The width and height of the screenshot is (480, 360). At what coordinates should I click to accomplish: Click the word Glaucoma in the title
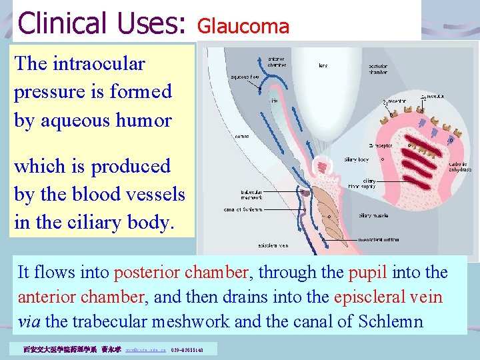[x=243, y=27]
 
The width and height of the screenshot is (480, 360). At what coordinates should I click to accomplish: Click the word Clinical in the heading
[x=59, y=23]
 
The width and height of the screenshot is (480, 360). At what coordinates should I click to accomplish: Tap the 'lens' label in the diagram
[x=323, y=65]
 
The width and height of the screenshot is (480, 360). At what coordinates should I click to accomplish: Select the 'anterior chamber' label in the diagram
[x=277, y=62]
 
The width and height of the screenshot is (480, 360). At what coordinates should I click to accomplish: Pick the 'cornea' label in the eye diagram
[x=242, y=136]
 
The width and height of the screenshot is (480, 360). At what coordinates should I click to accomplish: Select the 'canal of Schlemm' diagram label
[x=243, y=209]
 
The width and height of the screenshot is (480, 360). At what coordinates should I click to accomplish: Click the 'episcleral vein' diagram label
[x=255, y=245]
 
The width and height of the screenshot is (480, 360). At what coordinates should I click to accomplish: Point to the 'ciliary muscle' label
[x=374, y=215]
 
